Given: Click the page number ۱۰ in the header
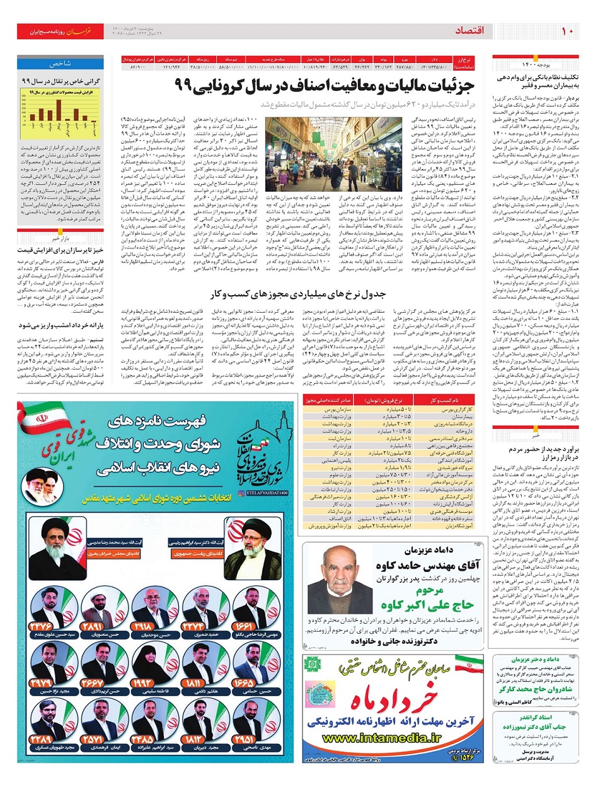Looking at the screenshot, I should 567,31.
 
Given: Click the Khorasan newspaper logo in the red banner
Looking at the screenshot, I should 79,31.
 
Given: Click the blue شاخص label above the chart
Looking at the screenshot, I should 60,64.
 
